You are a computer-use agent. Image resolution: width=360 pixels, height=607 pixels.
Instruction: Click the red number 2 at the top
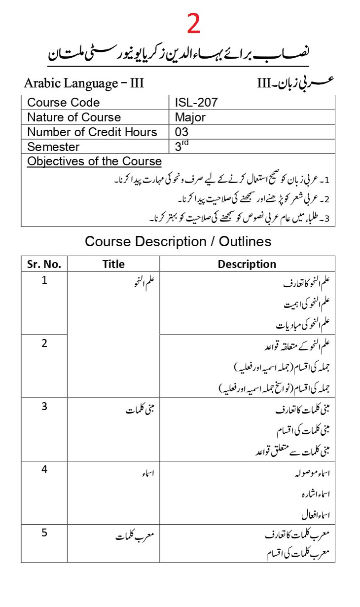[194, 24]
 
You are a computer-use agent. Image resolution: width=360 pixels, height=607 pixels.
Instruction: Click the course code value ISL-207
[196, 103]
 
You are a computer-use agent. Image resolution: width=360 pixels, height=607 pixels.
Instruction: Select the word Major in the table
[190, 117]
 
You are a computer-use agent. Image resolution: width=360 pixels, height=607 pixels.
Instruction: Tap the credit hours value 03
[181, 132]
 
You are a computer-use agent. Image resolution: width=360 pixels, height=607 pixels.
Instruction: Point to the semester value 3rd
[181, 146]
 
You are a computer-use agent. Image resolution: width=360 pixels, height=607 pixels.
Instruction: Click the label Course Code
[63, 103]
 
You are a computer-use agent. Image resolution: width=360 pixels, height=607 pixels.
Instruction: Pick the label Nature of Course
[74, 117]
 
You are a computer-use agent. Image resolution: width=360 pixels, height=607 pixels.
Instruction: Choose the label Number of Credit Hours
[92, 132]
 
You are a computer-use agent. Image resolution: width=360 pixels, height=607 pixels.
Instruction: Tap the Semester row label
[53, 147]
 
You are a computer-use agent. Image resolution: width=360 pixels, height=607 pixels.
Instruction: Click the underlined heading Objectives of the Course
[94, 161]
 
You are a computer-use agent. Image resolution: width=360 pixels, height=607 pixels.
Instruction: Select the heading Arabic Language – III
[84, 83]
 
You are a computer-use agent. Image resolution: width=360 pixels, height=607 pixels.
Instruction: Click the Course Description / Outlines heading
[178, 241]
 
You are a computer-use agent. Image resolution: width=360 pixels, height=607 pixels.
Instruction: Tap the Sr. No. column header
[44, 264]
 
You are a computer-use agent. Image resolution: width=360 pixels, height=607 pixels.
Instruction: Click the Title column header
[113, 264]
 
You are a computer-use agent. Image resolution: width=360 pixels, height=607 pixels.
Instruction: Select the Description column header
[247, 264]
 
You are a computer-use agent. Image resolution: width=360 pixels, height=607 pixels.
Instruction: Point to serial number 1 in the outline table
[44, 282]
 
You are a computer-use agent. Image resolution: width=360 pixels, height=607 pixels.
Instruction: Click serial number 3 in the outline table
[44, 406]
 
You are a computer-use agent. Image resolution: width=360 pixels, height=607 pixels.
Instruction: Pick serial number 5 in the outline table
[44, 532]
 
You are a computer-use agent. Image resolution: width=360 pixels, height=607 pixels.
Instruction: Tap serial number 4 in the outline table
[44, 469]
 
